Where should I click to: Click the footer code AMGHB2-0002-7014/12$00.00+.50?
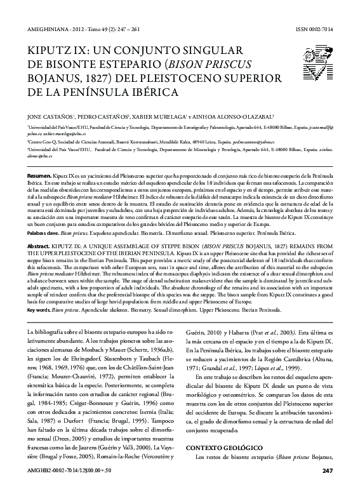coord(63,488)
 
